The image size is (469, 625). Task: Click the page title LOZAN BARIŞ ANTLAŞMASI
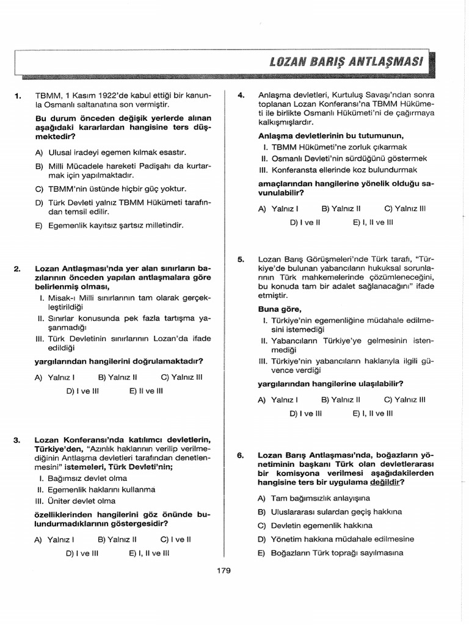pyautogui.click(x=346, y=62)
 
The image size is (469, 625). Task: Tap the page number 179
pyautogui.click(x=224, y=571)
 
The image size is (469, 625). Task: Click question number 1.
pyautogui.click(x=18, y=96)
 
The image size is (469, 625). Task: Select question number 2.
pyautogui.click(x=18, y=268)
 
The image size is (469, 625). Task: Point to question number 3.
pyautogui.click(x=18, y=439)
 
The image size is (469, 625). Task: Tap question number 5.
pyautogui.click(x=241, y=259)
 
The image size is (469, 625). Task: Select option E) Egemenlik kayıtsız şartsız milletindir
pyautogui.click(x=109, y=225)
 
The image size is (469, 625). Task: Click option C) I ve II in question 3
pyautogui.click(x=176, y=540)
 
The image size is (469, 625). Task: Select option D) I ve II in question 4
pyautogui.click(x=305, y=222)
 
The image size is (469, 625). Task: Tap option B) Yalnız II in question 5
pyautogui.click(x=341, y=400)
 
